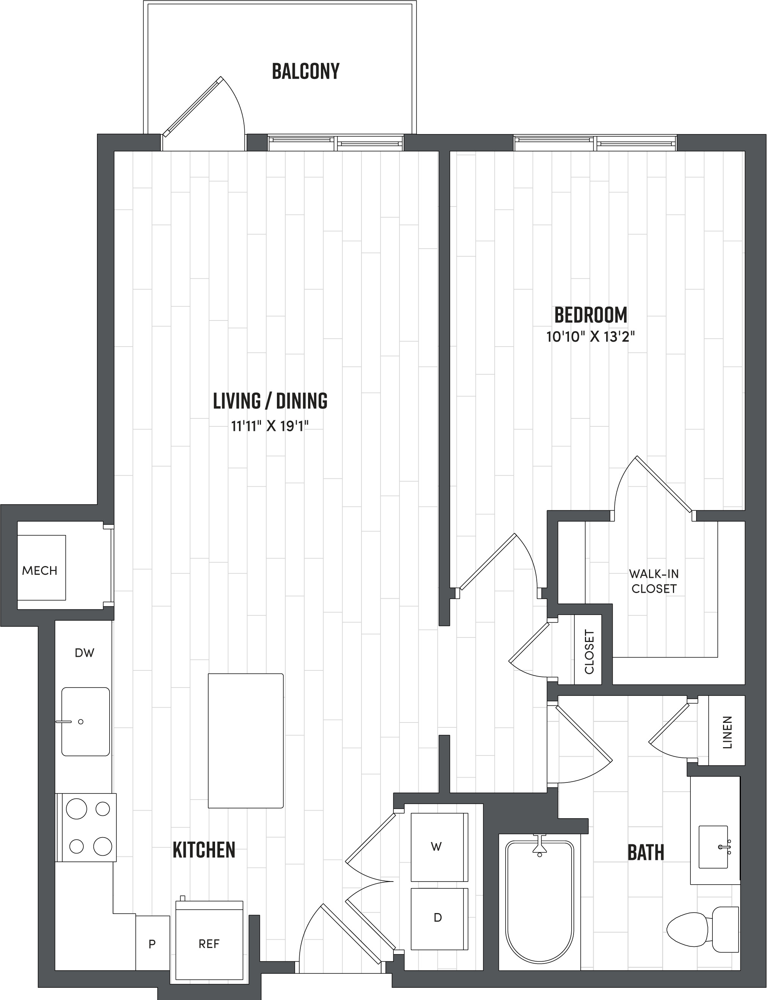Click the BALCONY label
tap(305, 71)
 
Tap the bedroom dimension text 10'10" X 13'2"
tap(590, 337)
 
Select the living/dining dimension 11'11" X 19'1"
tap(270, 426)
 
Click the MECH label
tap(40, 571)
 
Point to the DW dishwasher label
tap(85, 653)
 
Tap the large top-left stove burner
tap(76, 809)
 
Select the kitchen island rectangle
tap(246, 741)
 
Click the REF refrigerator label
tap(209, 943)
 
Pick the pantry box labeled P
tap(152, 944)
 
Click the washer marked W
tap(437, 847)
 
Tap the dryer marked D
tap(438, 917)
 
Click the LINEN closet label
tap(727, 732)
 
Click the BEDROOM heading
tap(590, 315)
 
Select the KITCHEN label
tap(204, 850)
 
